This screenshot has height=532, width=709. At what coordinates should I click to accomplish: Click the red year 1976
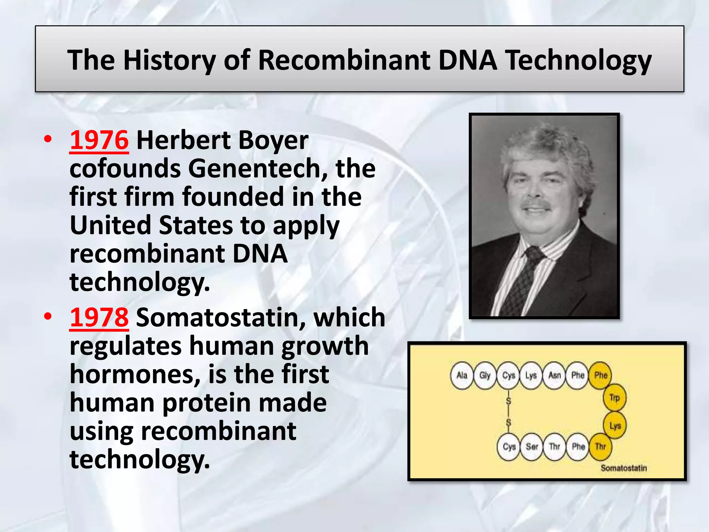point(99,140)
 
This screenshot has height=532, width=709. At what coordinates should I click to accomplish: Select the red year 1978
point(99,317)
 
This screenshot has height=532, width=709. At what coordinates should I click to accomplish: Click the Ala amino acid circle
point(462,375)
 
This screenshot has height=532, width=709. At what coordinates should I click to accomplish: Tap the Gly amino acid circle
point(485,375)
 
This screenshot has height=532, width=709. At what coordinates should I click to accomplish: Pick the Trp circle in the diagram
point(614,398)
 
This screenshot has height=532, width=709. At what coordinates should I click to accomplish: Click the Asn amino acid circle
point(555,375)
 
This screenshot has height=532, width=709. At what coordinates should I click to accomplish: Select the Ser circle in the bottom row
point(532,446)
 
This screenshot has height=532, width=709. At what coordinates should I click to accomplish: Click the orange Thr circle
point(601,446)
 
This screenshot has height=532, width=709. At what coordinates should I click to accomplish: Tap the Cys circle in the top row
point(509,375)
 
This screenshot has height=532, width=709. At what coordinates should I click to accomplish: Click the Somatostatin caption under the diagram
point(623,468)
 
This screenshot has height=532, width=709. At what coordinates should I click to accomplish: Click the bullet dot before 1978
point(48,316)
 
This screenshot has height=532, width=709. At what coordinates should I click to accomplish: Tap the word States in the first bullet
point(196,225)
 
